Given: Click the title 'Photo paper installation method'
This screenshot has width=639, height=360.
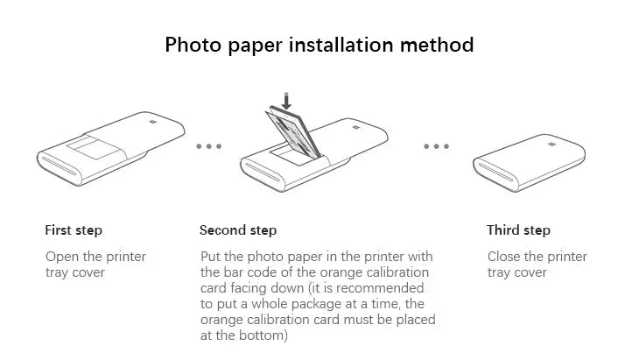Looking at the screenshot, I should [x=319, y=44].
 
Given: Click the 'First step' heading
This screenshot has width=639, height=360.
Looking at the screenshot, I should [x=74, y=230].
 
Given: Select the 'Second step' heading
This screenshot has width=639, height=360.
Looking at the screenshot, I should [x=238, y=230].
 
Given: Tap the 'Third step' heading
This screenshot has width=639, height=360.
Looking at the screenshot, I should [x=518, y=230].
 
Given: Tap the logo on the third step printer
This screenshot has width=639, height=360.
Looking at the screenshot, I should [x=551, y=144].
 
